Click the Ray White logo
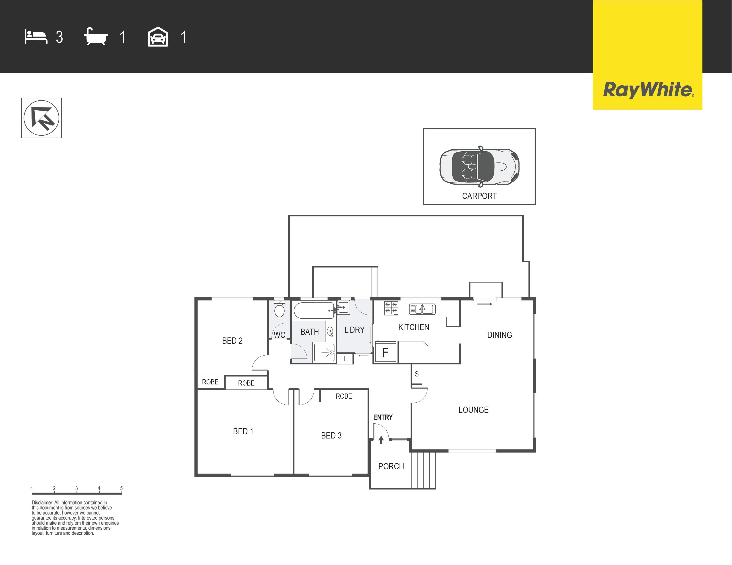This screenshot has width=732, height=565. click(x=647, y=55)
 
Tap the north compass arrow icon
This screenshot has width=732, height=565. click(x=41, y=118)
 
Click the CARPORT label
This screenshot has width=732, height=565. click(x=479, y=196)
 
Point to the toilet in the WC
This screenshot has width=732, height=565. click(x=279, y=309)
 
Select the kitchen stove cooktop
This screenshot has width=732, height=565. click(x=391, y=308)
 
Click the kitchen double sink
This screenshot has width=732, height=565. click(x=422, y=309)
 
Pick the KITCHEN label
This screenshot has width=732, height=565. click(x=414, y=327)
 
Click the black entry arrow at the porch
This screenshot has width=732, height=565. click(x=381, y=440)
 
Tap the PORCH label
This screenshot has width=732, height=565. click(x=391, y=466)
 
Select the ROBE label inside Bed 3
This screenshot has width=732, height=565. click(x=344, y=396)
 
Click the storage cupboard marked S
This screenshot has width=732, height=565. click(x=417, y=374)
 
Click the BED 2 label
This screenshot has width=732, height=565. click(x=232, y=341)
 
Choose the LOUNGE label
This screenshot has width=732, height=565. click(x=473, y=410)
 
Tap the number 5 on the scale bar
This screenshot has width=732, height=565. click(x=121, y=488)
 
